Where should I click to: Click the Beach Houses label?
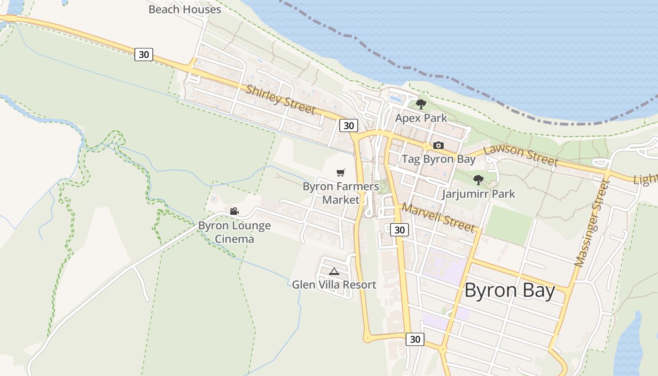185,9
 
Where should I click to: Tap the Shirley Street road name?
280,100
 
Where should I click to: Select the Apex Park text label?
421,118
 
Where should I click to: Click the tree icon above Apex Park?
421,104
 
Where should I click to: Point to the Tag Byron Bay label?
439,159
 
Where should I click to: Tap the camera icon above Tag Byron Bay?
439,145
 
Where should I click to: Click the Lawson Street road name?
520,155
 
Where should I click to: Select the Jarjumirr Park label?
478,194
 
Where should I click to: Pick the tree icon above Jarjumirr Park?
478,180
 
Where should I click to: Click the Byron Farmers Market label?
341,193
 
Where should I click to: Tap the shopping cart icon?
341,172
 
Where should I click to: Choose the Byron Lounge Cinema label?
235,232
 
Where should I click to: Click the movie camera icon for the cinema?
235,211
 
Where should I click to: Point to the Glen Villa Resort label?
334,285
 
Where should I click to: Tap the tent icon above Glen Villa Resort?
334,271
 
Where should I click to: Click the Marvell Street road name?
438,217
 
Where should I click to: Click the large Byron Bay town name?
509,290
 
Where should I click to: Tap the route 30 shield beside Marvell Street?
399,230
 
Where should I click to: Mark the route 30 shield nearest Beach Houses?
144,55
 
